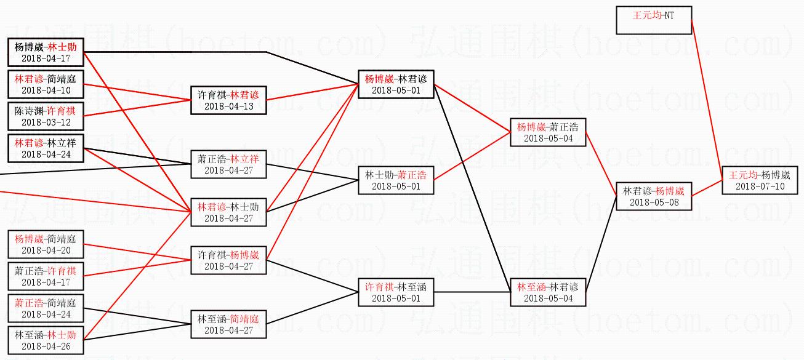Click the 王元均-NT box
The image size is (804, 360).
click(653, 20)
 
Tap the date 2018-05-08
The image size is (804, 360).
click(654, 202)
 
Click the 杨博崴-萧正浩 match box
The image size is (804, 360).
click(548, 132)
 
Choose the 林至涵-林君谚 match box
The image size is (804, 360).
click(548, 292)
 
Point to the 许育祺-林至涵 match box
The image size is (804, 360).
click(396, 292)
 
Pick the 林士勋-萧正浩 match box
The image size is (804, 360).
click(396, 180)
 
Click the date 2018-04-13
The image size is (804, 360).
click(228, 106)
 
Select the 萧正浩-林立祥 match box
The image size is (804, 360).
click(228, 164)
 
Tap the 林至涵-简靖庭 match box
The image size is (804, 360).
click(228, 324)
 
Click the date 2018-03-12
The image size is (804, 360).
click(46, 122)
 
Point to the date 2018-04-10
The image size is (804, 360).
click(46, 90)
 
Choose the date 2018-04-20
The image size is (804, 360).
click(46, 250)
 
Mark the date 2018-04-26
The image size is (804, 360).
click(46, 346)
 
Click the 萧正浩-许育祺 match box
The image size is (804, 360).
click(46, 276)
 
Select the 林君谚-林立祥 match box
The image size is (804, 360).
click(46, 148)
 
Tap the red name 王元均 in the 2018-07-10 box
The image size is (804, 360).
click(742, 175)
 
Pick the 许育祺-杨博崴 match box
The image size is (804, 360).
click(228, 260)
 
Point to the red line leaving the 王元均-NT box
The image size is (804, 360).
click(706, 98)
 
